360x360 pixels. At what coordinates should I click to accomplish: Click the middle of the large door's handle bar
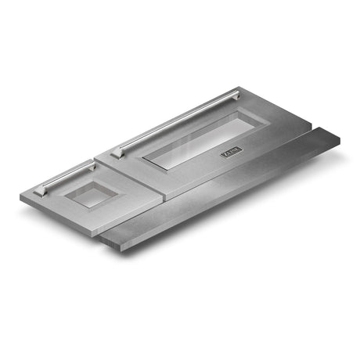pyautogui.click(x=176, y=121)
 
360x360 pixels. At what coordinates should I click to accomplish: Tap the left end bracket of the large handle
pyautogui.click(x=117, y=152)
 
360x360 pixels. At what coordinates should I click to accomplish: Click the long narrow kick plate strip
pyautogui.click(x=227, y=188)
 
